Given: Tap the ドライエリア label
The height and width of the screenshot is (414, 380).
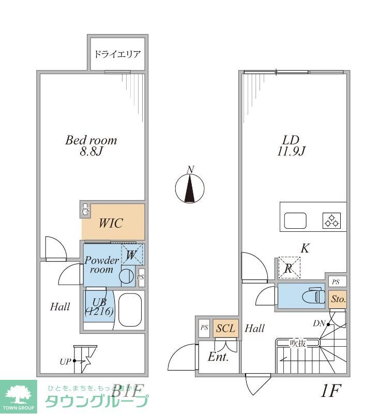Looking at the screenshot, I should [117, 54].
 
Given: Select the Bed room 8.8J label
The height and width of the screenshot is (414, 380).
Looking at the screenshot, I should [91, 145].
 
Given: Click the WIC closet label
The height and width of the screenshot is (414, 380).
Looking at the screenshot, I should [111, 223].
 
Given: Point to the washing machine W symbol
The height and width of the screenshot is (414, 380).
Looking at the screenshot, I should [132, 255].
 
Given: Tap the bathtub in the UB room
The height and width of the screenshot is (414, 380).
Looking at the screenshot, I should [129, 310].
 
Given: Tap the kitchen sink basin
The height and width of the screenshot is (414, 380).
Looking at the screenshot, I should [295, 221].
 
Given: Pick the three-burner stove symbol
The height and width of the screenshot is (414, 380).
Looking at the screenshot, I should [331, 221].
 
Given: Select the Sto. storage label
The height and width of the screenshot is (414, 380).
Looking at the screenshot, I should [338, 299].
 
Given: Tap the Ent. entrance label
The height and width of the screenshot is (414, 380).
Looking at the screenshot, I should [218, 357].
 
